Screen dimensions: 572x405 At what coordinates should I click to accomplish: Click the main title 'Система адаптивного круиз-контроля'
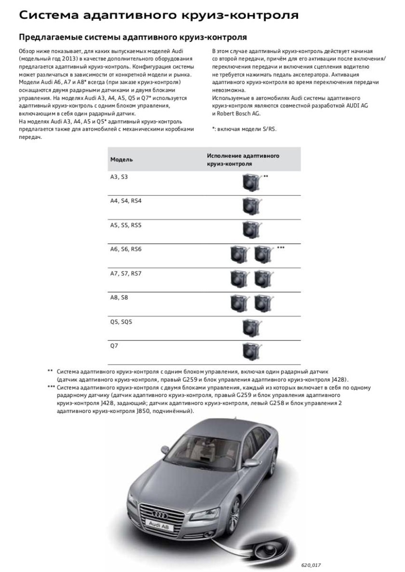pyautogui.click(x=158, y=15)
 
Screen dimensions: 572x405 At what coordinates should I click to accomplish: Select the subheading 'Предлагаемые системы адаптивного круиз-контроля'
pyautogui.click(x=133, y=37)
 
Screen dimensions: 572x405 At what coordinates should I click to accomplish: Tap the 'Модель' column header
pyautogui.click(x=121, y=159)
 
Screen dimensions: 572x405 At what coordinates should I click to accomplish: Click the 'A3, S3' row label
pyautogui.click(x=119, y=177)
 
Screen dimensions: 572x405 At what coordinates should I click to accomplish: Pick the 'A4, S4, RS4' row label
pyautogui.click(x=126, y=201)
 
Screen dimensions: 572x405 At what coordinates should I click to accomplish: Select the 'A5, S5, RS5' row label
pyautogui.click(x=126, y=225)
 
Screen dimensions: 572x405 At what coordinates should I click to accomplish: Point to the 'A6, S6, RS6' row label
pyautogui.click(x=126, y=249)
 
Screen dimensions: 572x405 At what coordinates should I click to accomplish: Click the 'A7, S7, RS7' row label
pyautogui.click(x=126, y=273)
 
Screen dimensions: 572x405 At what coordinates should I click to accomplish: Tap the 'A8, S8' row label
pyautogui.click(x=120, y=298)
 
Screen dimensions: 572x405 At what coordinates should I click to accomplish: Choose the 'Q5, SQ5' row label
pyautogui.click(x=121, y=322)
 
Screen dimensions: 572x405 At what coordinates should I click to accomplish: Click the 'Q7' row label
pyautogui.click(x=114, y=346)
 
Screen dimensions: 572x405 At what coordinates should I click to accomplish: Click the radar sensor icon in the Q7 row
pyautogui.click(x=252, y=351)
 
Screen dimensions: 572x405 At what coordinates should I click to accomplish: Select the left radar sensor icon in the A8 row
pyautogui.click(x=240, y=303)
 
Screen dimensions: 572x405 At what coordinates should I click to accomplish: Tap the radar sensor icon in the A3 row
pyautogui.click(x=252, y=182)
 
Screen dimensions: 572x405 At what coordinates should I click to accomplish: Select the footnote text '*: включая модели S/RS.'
pyautogui.click(x=244, y=129)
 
